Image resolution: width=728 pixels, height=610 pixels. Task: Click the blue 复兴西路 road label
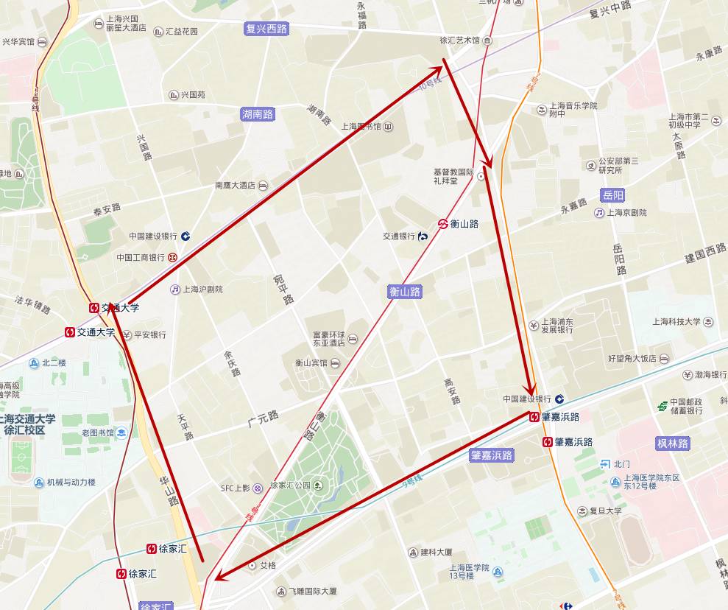click(x=266, y=29)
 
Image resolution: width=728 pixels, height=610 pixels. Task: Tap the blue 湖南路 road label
click(x=258, y=114)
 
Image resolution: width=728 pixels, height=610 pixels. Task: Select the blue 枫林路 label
click(x=673, y=444)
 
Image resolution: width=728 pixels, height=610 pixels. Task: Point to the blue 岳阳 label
click(x=612, y=195)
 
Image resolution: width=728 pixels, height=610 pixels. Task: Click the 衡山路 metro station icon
click(x=443, y=224)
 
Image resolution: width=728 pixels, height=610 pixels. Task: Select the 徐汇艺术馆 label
click(x=459, y=41)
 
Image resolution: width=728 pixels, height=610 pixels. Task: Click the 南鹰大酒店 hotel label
click(x=235, y=186)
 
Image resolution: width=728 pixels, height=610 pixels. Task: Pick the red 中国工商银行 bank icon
click(x=172, y=258)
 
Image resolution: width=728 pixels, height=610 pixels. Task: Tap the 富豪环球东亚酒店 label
click(x=328, y=338)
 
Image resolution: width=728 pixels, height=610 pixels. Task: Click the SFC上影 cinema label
click(x=236, y=488)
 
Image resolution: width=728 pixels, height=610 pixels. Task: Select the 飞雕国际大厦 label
click(x=312, y=591)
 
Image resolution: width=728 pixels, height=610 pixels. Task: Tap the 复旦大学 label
click(x=605, y=511)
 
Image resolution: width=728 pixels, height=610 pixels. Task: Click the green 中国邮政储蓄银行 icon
click(x=662, y=406)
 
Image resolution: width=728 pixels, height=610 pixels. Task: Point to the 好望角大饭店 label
click(x=632, y=359)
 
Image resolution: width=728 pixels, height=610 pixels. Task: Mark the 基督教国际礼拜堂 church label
click(x=455, y=176)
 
